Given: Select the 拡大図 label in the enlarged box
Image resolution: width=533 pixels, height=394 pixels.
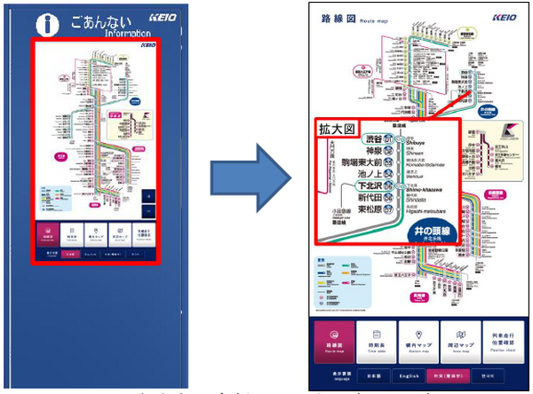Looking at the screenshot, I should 338,130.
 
